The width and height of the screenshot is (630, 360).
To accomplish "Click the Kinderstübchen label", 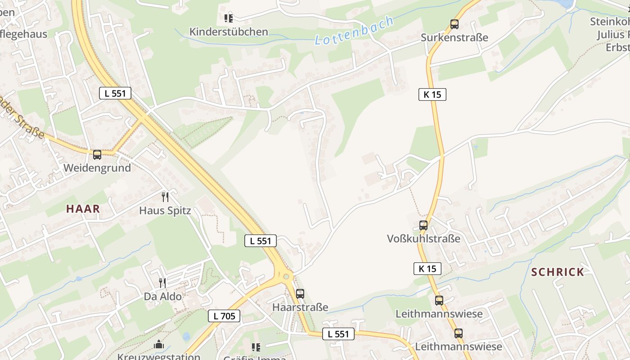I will [229, 32].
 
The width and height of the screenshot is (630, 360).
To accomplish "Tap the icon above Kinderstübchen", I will [229, 18].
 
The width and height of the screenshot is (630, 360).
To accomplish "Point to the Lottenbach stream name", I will [354, 31].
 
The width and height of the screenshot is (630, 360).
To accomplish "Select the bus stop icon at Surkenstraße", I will [454, 24].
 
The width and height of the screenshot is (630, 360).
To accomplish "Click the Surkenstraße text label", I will [454, 38].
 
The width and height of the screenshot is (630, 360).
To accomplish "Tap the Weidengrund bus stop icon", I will [97, 155].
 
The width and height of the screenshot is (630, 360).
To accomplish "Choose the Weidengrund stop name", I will [97, 168].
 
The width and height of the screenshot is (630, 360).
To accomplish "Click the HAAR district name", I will [83, 209].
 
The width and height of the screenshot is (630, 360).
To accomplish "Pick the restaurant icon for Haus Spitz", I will [165, 197].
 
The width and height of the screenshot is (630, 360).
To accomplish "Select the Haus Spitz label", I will [165, 211].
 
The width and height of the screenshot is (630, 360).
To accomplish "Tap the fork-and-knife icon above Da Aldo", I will [162, 283].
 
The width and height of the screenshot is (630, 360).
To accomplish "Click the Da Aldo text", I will [162, 297].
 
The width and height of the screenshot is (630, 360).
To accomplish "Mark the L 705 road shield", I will [224, 316].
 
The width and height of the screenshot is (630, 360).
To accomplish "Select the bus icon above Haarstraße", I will [300, 294].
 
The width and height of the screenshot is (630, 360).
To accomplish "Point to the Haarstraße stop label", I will [300, 307].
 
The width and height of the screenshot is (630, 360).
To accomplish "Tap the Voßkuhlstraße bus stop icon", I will [423, 225].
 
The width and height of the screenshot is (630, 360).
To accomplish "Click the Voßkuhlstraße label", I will [423, 239].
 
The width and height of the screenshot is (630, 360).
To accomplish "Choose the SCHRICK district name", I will [558, 272].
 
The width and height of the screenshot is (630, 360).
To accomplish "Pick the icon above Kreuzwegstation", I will [158, 345].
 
